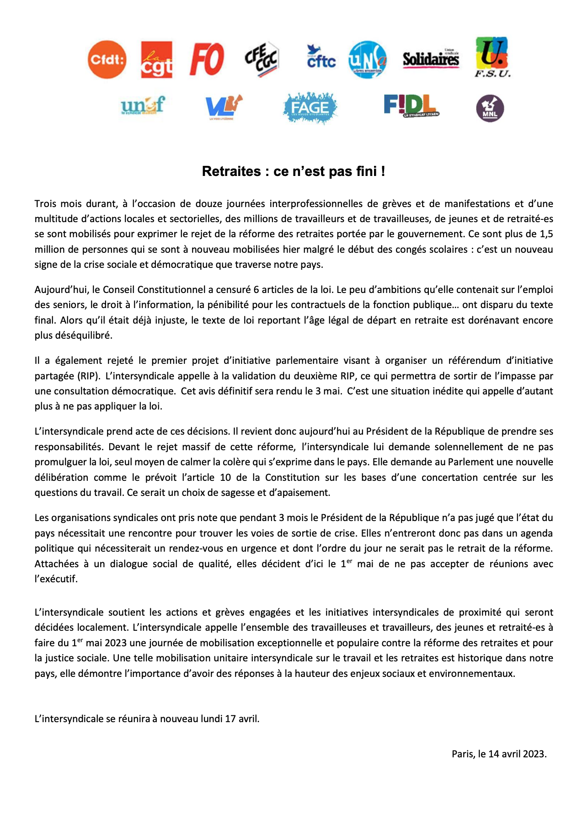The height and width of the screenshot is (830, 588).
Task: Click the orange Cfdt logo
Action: pyautogui.click(x=107, y=59)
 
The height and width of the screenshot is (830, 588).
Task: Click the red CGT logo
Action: pyautogui.click(x=156, y=60)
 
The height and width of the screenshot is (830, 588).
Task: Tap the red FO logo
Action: pyautogui.click(x=207, y=59)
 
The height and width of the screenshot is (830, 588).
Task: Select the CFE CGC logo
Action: pyautogui.click(x=262, y=59)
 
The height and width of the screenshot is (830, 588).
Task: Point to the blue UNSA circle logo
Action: pyautogui.click(x=368, y=60)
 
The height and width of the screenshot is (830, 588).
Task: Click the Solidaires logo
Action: pyautogui.click(x=431, y=59)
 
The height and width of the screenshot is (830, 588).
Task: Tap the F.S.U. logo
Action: pyautogui.click(x=492, y=57)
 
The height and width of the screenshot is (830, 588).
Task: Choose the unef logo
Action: pyautogui.click(x=143, y=106)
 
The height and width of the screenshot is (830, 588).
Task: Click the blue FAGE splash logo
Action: pyautogui.click(x=310, y=108)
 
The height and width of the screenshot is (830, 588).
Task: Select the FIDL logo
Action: pyautogui.click(x=411, y=106)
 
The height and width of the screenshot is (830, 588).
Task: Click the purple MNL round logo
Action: pyautogui.click(x=490, y=109)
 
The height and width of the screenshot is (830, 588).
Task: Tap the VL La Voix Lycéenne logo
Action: pyautogui.click(x=223, y=107)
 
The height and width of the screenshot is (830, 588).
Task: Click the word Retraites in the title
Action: pyautogui.click(x=231, y=171)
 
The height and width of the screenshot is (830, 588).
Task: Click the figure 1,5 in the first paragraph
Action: pyautogui.click(x=546, y=234)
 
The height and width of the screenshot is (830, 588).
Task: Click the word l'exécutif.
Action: pyautogui.click(x=56, y=579)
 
